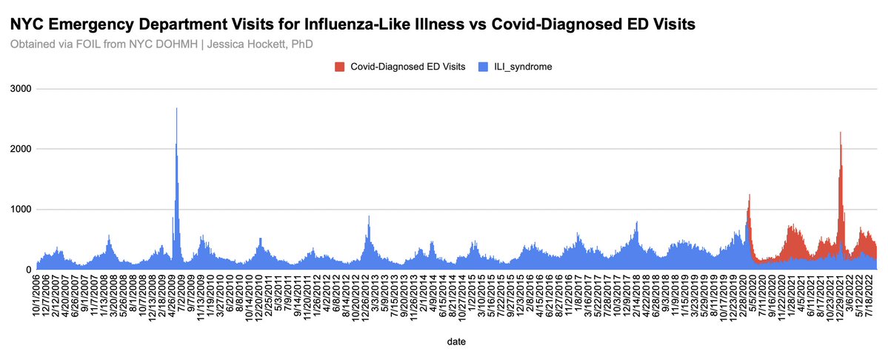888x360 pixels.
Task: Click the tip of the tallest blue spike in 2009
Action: pyautogui.click(x=176, y=109)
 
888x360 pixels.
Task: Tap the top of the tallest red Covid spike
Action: pyautogui.click(x=841, y=133)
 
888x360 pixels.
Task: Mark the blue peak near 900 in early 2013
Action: pyautogui.click(x=369, y=216)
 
